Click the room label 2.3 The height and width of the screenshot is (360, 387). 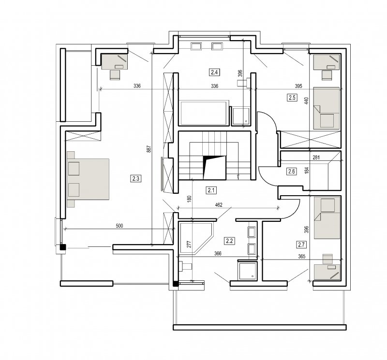tap(136, 178)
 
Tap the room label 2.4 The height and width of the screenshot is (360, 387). tap(214, 72)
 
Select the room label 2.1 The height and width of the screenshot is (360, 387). tap(211, 190)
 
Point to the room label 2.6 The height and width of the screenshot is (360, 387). tap(292, 171)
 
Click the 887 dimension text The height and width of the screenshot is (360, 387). tap(149, 149)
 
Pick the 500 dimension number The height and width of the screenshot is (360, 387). tap(119, 226)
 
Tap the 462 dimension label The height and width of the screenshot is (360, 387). tap(219, 205)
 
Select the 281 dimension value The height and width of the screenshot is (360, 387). tap(316, 158)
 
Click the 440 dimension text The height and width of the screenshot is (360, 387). tap(306, 101)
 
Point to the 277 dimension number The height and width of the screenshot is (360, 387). tap(189, 245)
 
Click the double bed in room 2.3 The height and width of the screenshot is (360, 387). tap(88, 179)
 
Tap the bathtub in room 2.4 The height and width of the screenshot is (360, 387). tap(203, 113)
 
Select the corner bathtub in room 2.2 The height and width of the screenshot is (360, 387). tap(196, 238)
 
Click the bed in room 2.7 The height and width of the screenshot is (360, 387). tap(327, 218)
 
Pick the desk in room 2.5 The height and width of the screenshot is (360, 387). tap(326, 62)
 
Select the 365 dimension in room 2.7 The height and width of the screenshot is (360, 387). tap(301, 257)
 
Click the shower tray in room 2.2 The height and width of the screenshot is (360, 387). tap(247, 271)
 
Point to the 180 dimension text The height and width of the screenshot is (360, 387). tap(189, 199)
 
